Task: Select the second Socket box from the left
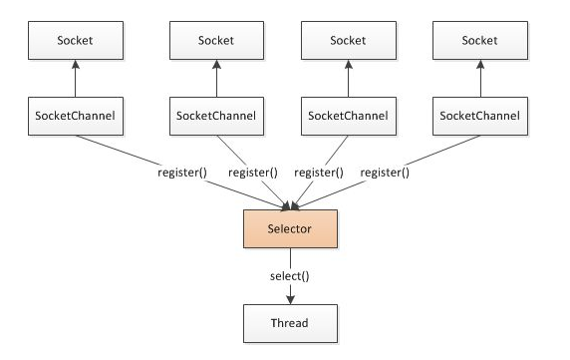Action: click(x=216, y=40)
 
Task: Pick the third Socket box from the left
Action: click(x=348, y=40)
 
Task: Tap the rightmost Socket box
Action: click(x=481, y=40)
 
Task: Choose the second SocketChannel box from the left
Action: click(x=216, y=117)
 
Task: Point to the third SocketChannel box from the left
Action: click(x=348, y=117)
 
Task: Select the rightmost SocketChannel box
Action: click(x=481, y=117)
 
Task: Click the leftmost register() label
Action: click(x=182, y=172)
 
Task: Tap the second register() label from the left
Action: click(x=253, y=172)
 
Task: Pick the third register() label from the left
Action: click(x=319, y=172)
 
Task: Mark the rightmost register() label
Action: click(x=385, y=172)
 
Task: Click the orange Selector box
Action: click(x=290, y=229)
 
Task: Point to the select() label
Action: click(x=290, y=274)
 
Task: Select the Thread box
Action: click(x=290, y=322)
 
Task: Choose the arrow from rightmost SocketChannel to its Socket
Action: click(x=481, y=80)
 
